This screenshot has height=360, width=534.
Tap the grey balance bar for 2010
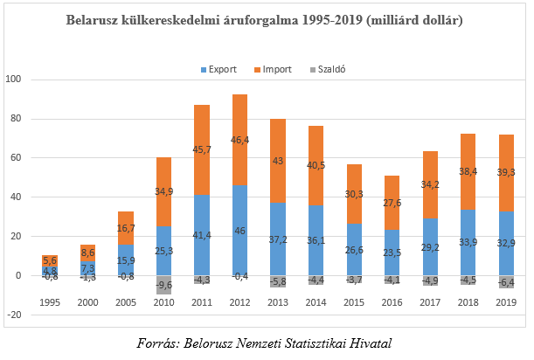click(165, 284)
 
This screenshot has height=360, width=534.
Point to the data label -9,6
click(165, 285)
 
